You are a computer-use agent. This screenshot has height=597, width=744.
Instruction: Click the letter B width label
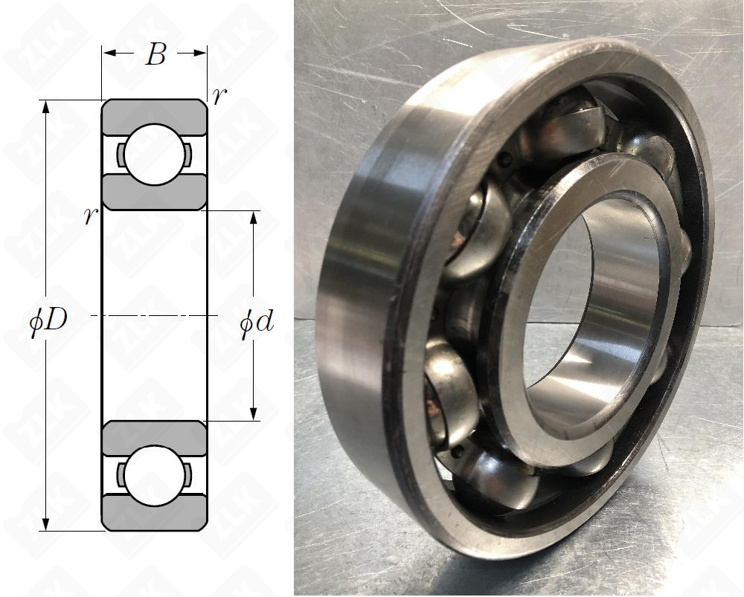click(x=155, y=54)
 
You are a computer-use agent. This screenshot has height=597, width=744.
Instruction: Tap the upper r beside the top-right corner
click(x=219, y=97)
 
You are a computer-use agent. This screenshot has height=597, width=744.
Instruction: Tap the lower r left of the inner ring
click(x=91, y=216)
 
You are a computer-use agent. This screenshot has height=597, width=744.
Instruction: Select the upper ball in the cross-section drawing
click(x=154, y=155)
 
